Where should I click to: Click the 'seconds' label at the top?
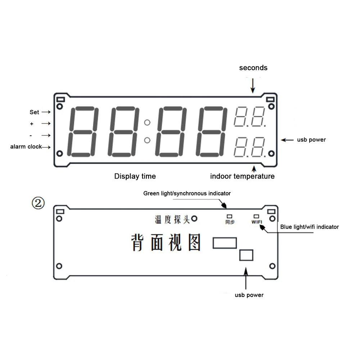[x=253, y=68]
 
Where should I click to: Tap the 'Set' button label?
[x=34, y=112]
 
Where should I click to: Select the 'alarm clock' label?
[x=26, y=147]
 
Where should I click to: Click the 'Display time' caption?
[x=135, y=176]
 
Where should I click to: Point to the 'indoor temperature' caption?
[x=242, y=176]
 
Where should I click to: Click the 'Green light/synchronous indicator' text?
[x=187, y=193]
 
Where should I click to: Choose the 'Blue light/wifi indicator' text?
[x=309, y=227]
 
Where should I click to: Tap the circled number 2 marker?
[x=38, y=203]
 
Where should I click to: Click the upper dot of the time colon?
[x=147, y=123]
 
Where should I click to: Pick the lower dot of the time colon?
[x=147, y=140]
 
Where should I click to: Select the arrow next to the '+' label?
[x=46, y=123]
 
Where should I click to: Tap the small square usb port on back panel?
[x=246, y=255]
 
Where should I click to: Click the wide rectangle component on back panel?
[x=225, y=243]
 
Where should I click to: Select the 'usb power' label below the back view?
[x=249, y=295]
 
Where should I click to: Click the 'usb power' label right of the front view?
[x=311, y=140]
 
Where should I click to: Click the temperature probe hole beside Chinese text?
[x=195, y=219]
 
